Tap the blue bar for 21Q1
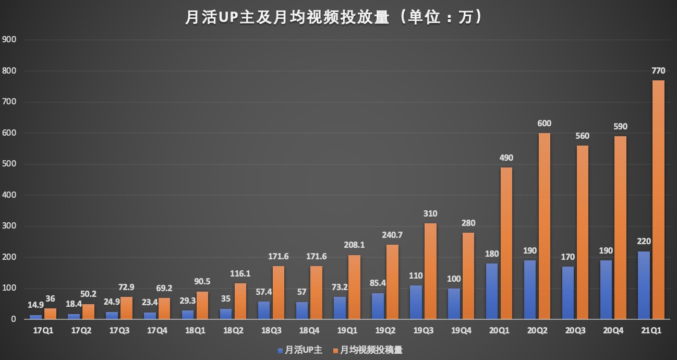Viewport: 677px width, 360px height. click(x=644, y=285)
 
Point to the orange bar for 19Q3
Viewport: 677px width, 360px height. click(x=430, y=271)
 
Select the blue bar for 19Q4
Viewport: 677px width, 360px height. click(x=454, y=303)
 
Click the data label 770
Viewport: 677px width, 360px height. click(x=658, y=70)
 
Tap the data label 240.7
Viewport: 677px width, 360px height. click(x=392, y=235)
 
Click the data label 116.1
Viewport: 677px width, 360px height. click(x=240, y=273)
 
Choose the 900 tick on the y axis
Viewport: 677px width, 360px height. click(x=9, y=40)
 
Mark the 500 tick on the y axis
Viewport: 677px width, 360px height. click(x=9, y=164)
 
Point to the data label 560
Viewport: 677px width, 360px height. click(x=582, y=136)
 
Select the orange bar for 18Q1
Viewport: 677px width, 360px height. click(x=203, y=305)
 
